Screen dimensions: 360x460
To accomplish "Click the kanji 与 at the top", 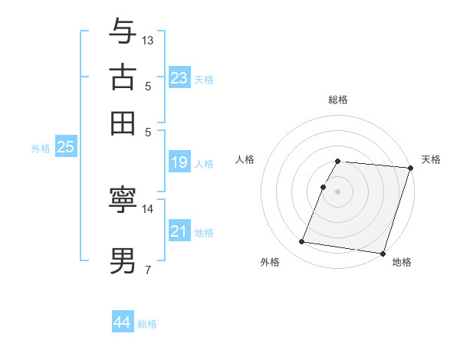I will (x=123, y=32).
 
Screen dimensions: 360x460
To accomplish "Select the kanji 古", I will (x=123, y=77).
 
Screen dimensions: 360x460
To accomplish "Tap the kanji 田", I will (x=123, y=123).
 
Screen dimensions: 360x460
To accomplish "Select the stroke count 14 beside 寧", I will (x=148, y=208).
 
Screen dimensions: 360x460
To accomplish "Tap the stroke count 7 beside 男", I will (x=147, y=270).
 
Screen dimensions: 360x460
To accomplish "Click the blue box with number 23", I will (x=179, y=77).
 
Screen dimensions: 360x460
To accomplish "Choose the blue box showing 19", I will (x=179, y=162).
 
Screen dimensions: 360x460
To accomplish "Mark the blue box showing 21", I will (x=179, y=231).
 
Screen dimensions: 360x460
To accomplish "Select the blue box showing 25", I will (x=65, y=147).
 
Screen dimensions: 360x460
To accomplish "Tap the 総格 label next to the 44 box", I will (x=147, y=324).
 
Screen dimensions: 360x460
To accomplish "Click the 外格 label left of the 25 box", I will (x=41, y=149).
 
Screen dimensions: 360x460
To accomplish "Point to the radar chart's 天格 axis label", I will (x=431, y=159).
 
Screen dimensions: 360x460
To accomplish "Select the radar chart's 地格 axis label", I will (x=402, y=263).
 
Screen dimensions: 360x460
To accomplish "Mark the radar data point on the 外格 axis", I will (x=302, y=242).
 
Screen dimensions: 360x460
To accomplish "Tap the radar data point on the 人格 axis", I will (x=324, y=187).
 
